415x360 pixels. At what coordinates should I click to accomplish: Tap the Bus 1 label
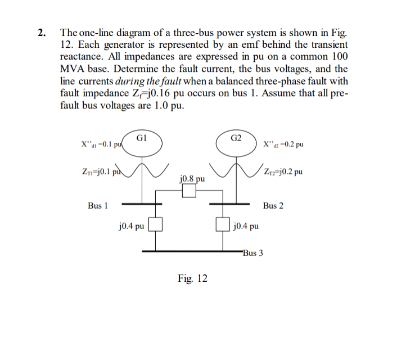tap(98, 206)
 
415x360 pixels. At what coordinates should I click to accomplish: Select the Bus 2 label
tap(273, 206)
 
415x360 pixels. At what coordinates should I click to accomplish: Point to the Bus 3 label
tap(252, 253)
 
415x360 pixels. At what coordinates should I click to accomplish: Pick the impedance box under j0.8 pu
tap(189, 192)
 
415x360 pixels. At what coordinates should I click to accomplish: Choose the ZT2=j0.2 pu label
tap(280, 171)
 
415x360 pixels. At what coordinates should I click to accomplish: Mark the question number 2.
tap(42, 32)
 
